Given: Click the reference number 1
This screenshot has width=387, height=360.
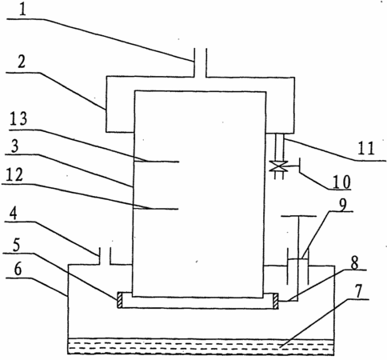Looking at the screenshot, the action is point(23,10).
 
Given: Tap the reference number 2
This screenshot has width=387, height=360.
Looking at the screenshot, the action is point(22,61).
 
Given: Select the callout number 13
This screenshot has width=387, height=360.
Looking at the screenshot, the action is point(18,119).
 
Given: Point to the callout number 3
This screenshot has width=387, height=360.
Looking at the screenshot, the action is point(15,146).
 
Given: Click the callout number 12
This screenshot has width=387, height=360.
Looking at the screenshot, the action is point(14,174).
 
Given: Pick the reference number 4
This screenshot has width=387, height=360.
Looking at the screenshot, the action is point(14,214).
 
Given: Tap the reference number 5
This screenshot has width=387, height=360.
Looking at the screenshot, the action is point(17,245).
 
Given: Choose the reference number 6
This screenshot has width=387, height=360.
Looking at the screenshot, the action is point(18,270).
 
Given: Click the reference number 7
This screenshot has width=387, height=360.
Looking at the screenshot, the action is point(358,291).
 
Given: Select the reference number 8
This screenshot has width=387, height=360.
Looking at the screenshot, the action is point(354,263).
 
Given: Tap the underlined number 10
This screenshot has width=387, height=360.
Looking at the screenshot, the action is point(341,182).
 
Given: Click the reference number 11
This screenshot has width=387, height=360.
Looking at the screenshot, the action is point(366,148).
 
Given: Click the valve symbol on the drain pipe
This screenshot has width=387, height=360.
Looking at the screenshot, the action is point(278,166).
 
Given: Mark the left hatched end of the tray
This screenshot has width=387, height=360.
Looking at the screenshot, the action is point(120,301).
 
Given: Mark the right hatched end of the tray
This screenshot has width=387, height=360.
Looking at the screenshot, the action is point(275,301).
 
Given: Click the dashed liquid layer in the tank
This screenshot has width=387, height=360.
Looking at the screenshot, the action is point(201,346).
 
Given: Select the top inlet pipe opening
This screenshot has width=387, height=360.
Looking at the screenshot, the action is point(200,63).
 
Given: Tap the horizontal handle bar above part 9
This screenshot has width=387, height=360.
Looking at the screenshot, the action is point(299,216).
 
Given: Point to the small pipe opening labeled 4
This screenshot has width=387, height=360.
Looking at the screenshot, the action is point(105,256).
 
